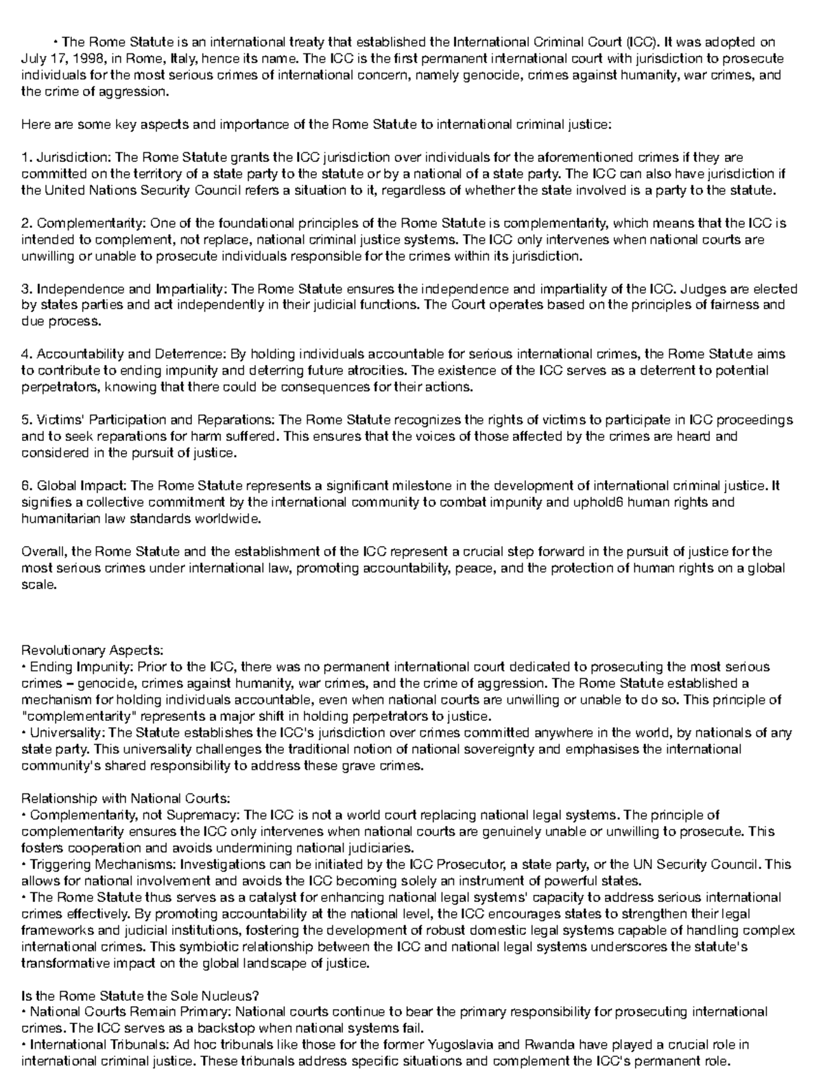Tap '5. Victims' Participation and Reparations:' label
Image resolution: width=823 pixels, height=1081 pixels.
147,420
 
